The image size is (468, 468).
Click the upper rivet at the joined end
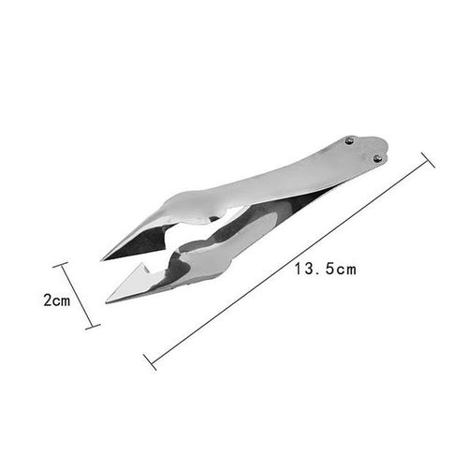pyautogui.click(x=350, y=140)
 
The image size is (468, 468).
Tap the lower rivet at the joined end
pyautogui.click(x=377, y=158)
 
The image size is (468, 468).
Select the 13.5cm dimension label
pyautogui.click(x=326, y=269)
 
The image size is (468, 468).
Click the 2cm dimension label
pyautogui.click(x=57, y=300)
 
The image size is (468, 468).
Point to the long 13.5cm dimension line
pyautogui.click(x=289, y=261)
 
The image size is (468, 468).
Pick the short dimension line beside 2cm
pyautogui.click(x=77, y=296)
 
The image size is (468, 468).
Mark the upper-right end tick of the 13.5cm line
pyautogui.click(x=428, y=160)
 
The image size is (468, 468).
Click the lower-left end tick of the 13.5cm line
pyautogui.click(x=150, y=362)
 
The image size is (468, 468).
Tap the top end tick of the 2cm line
pyautogui.click(x=60, y=265)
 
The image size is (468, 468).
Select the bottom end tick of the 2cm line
pyautogui.click(x=93, y=327)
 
